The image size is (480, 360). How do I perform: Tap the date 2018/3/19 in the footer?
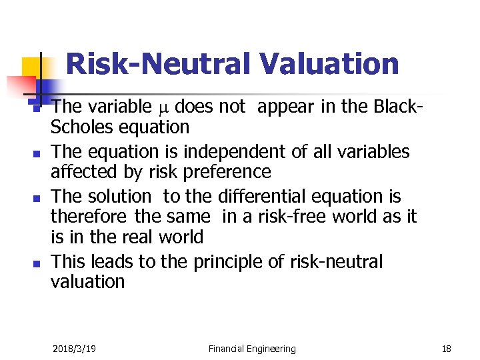pos(73,349)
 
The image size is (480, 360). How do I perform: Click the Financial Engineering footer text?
pos(252,349)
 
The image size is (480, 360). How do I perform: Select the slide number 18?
pos(446,349)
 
